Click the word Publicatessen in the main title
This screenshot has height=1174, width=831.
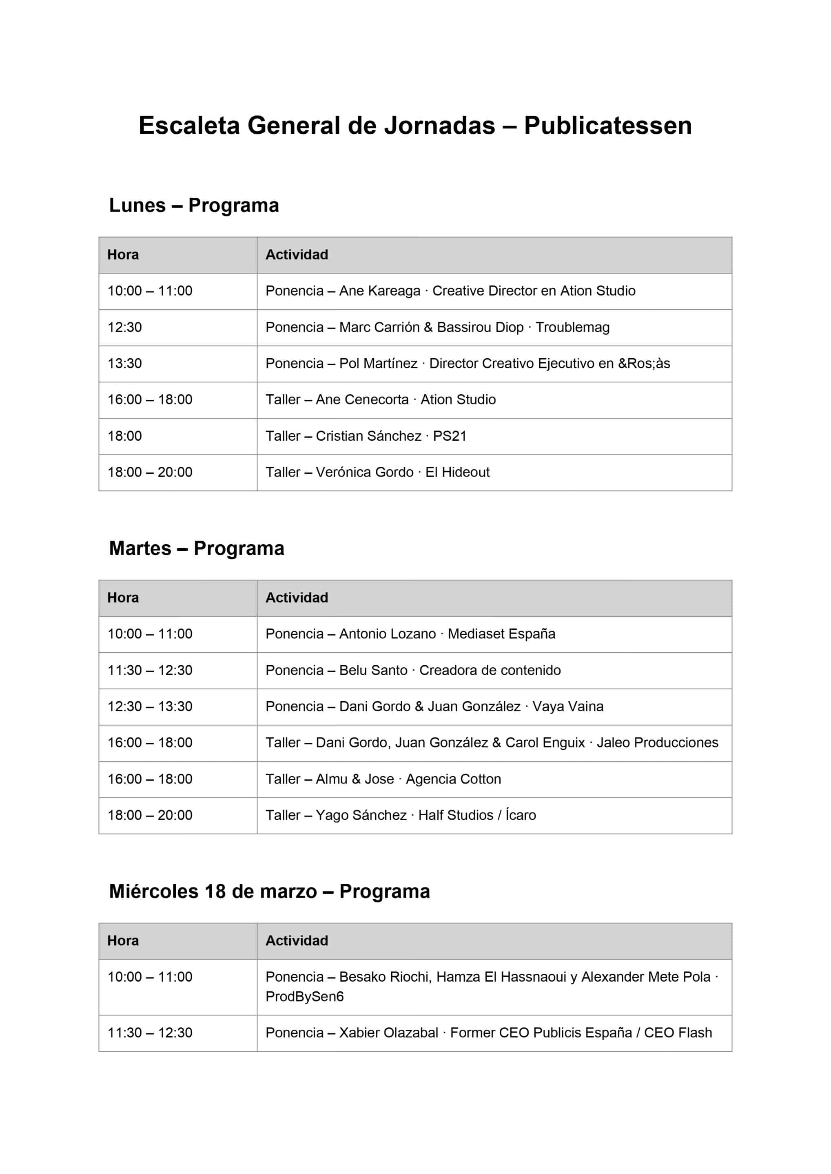[x=607, y=126]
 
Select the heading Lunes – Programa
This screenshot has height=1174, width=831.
[x=194, y=205]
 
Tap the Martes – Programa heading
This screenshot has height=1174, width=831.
[x=197, y=548]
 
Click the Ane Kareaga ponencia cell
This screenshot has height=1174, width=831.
[x=450, y=291]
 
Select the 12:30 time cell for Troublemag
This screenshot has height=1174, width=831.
[x=125, y=327]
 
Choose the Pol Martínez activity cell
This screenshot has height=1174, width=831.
[x=467, y=364]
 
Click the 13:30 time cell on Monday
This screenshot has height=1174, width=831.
[x=125, y=364]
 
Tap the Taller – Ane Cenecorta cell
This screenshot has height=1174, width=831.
[x=380, y=400]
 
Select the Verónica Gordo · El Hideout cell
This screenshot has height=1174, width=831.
[x=377, y=472]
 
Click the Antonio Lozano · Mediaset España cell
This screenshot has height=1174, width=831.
[x=410, y=634]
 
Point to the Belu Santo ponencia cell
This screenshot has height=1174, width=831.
[x=413, y=670]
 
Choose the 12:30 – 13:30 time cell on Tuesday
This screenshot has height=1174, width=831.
[x=150, y=707]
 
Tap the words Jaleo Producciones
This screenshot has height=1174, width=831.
[x=657, y=743]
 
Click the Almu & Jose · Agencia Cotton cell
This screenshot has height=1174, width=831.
[x=383, y=779]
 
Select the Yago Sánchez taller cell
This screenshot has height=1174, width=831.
[x=400, y=816]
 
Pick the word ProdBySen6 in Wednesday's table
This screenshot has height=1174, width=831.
[x=304, y=997]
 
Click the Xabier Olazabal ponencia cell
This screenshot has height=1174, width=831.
[x=488, y=1033]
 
